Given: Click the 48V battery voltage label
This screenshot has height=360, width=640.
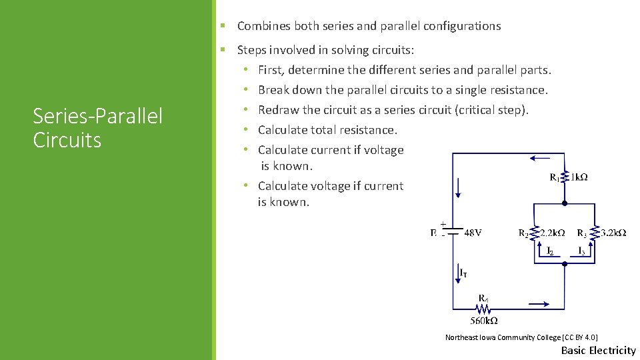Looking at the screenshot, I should click(x=473, y=233).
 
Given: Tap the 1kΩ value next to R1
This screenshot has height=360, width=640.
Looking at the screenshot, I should click(x=578, y=177).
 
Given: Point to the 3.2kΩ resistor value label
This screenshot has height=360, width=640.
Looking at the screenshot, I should click(x=613, y=233).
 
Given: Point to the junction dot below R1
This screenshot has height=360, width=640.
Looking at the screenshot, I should click(x=565, y=203).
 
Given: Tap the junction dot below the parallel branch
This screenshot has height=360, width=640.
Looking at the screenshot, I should click(x=565, y=264).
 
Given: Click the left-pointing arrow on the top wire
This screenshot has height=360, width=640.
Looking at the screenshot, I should click(x=540, y=159).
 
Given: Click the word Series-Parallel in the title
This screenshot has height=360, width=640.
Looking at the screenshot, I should click(x=97, y=117).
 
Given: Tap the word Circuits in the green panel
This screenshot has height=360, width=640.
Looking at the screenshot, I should click(x=67, y=140).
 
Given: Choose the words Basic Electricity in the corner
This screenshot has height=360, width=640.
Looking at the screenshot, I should click(x=598, y=350).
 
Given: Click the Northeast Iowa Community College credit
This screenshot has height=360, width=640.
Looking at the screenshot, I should click(x=517, y=337).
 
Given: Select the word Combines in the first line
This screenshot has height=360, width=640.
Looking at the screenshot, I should click(x=262, y=26).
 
